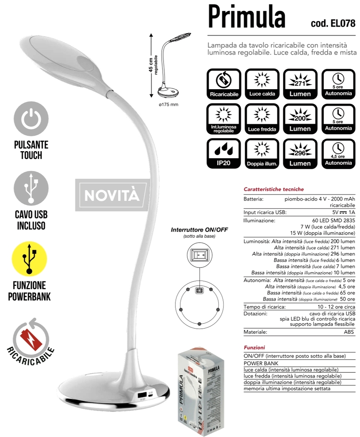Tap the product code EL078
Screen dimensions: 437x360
(x=333, y=23)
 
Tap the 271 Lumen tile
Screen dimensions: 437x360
(x=300, y=83)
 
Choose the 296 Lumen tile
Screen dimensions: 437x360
(x=300, y=153)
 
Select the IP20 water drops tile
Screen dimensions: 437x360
(x=224, y=153)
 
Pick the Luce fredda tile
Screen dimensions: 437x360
(x=262, y=118)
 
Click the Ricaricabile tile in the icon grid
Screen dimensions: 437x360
(x=224, y=83)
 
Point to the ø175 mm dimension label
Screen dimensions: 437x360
(x=169, y=104)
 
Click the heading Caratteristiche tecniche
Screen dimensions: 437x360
(x=273, y=189)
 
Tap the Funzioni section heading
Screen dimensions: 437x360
(x=255, y=347)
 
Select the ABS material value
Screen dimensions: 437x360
(x=349, y=332)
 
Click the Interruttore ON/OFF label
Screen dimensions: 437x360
(x=199, y=229)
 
